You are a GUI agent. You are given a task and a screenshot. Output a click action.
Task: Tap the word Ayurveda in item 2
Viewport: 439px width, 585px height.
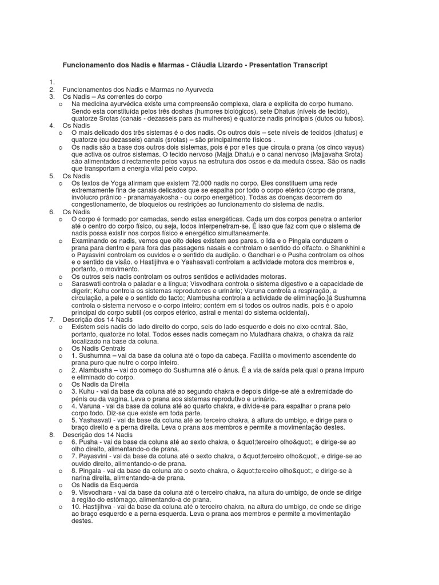coord(198,90)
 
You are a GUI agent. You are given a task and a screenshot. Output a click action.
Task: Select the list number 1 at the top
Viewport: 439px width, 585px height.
coord(51,82)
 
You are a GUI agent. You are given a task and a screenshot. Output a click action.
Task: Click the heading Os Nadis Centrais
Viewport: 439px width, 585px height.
coord(98,347)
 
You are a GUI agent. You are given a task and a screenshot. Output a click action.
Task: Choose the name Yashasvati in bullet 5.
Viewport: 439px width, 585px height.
coord(98,420)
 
